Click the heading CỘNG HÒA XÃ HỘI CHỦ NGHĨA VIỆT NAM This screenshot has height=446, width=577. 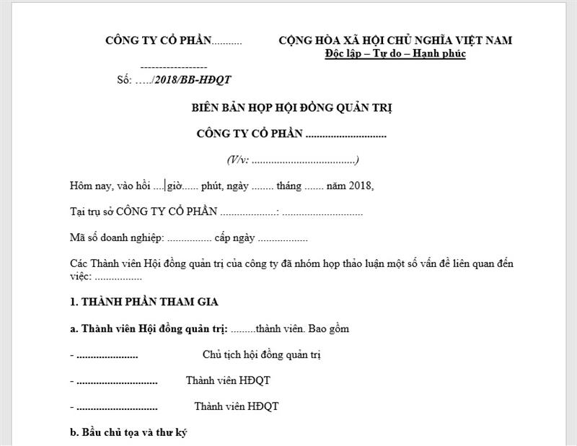pyautogui.click(x=395, y=40)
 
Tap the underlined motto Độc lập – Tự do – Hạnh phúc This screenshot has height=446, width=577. pyautogui.click(x=395, y=54)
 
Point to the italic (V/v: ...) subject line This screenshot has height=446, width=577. pyautogui.click(x=293, y=159)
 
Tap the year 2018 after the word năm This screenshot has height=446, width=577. pyautogui.click(x=361, y=186)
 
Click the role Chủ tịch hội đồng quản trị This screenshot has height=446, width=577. pyautogui.click(x=262, y=355)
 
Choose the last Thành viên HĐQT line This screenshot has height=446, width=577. pyautogui.click(x=236, y=406)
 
